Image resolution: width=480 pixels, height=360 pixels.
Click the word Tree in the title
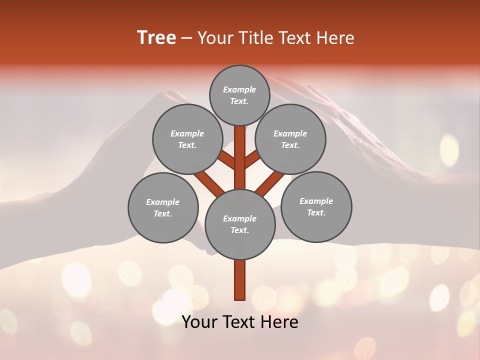click(156, 38)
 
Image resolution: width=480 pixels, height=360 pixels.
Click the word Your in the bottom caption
click(200, 322)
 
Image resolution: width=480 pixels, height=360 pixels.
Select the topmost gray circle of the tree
click(239, 95)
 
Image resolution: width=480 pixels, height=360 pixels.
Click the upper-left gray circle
click(187, 139)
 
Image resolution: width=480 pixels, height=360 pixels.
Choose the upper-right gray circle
click(290, 139)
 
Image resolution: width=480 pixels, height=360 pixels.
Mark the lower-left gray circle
click(163, 207)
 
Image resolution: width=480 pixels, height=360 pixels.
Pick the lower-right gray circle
click(316, 206)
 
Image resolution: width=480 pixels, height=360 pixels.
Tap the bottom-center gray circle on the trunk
click(240, 224)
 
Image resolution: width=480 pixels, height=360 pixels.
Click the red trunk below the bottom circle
click(240, 280)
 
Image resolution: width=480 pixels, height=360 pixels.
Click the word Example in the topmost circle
click(239, 89)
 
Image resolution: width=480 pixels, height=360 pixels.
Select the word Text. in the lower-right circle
click(316, 212)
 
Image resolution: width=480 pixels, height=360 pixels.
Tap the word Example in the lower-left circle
click(162, 202)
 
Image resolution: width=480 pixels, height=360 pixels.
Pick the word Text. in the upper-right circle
click(290, 145)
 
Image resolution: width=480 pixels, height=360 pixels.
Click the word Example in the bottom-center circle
click(239, 218)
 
